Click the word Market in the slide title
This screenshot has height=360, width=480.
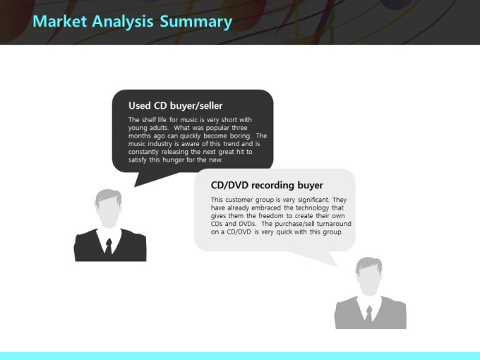click(x=60, y=21)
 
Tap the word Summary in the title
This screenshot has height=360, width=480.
click(x=196, y=22)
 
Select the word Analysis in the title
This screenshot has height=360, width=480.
click(x=123, y=22)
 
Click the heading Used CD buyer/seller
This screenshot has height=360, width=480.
click(x=175, y=106)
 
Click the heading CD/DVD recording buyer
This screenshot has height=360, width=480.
click(x=267, y=185)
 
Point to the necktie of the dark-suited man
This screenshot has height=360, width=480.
click(x=109, y=246)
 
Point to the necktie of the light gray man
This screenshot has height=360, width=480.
click(x=369, y=313)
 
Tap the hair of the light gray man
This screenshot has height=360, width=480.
click(x=368, y=263)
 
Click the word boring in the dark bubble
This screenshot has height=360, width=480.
click(x=241, y=136)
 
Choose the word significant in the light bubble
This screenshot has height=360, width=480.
click(x=313, y=200)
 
